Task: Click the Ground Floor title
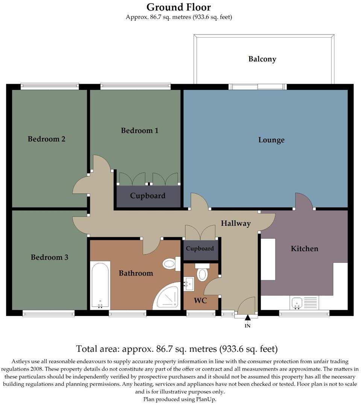[179, 7]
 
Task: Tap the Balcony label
[262, 59]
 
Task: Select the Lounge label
[271, 140]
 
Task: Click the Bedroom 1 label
[140, 130]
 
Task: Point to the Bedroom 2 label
[47, 139]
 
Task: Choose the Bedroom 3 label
[49, 257]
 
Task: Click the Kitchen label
[304, 249]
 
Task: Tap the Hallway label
[235, 223]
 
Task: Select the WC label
[200, 301]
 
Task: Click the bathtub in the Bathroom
[100, 285]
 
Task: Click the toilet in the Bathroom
[171, 264]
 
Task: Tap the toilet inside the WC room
[202, 273]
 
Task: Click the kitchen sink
[297, 302]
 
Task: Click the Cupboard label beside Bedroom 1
[147, 196]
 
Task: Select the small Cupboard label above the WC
[200, 249]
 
